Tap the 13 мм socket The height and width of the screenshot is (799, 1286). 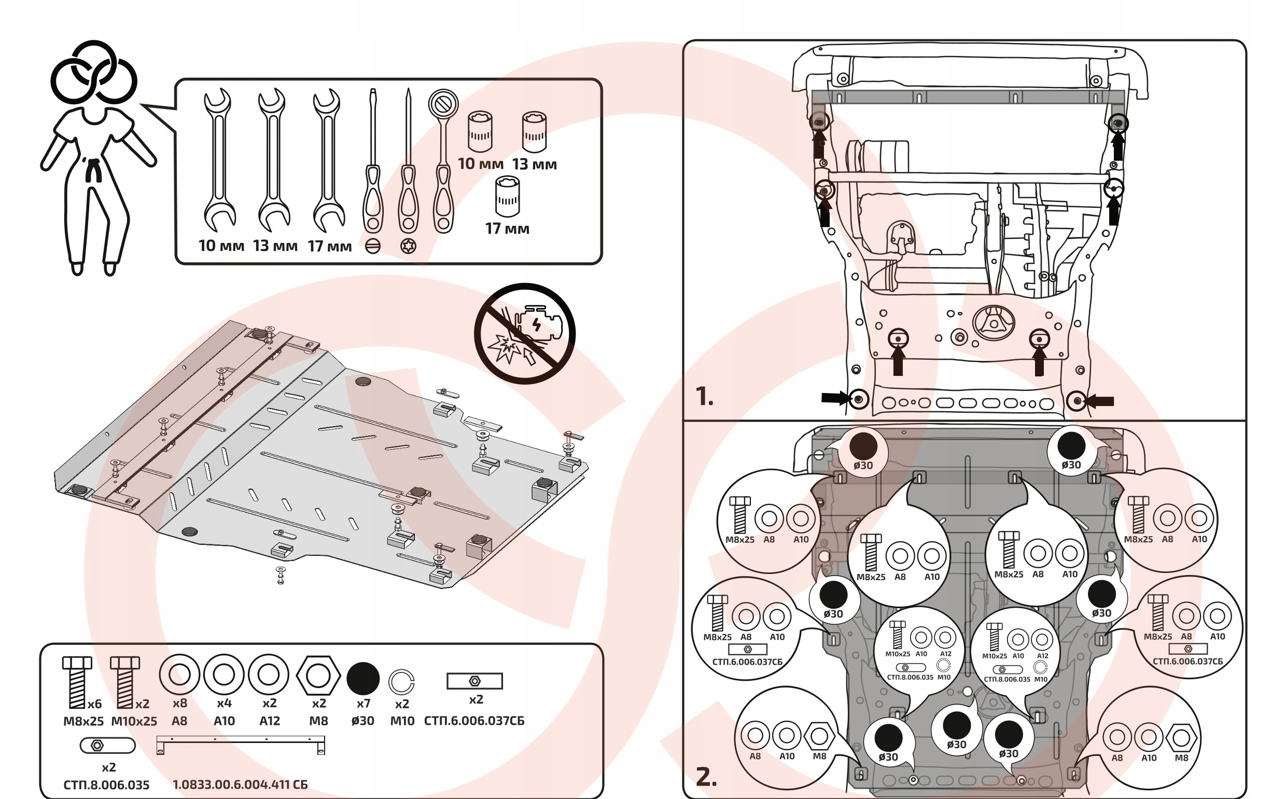click(x=534, y=132)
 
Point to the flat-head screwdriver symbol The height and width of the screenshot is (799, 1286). click(x=372, y=246)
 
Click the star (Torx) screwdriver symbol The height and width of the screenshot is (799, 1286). click(x=408, y=246)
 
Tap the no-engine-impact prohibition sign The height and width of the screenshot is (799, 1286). click(x=524, y=333)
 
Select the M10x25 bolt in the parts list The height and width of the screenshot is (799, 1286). click(x=124, y=682)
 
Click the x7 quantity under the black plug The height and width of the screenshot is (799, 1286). click(x=363, y=704)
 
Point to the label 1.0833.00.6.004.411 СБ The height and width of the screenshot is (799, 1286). click(x=240, y=784)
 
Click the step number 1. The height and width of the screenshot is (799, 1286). click(x=704, y=396)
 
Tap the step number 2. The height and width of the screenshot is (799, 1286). click(x=706, y=777)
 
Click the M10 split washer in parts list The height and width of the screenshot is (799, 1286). click(x=401, y=682)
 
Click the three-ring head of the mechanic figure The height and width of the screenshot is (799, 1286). click(x=93, y=73)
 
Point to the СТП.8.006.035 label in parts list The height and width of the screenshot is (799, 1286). click(x=106, y=784)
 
